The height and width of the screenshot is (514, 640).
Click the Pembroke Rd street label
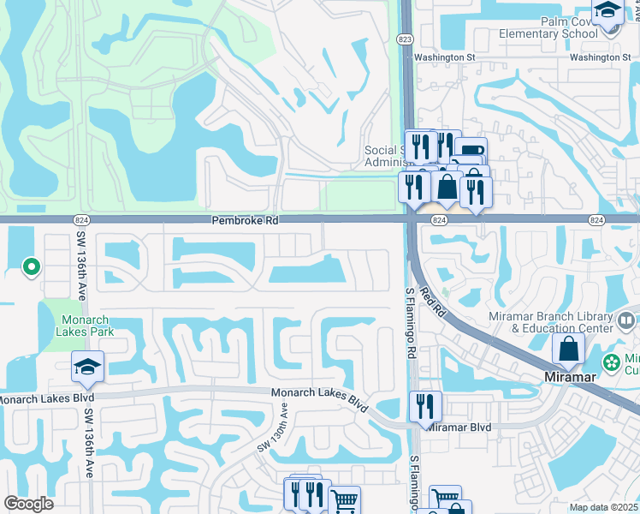pyautogui.click(x=246, y=221)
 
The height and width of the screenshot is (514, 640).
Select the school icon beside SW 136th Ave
pyautogui.click(x=88, y=368)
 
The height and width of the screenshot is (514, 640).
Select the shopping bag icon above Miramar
pyautogui.click(x=568, y=349)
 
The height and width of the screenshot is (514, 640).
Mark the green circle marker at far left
pyautogui.click(x=31, y=268)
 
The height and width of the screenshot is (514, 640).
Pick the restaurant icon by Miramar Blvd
pyautogui.click(x=424, y=405)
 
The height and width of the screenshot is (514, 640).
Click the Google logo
pyautogui.click(x=28, y=504)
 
